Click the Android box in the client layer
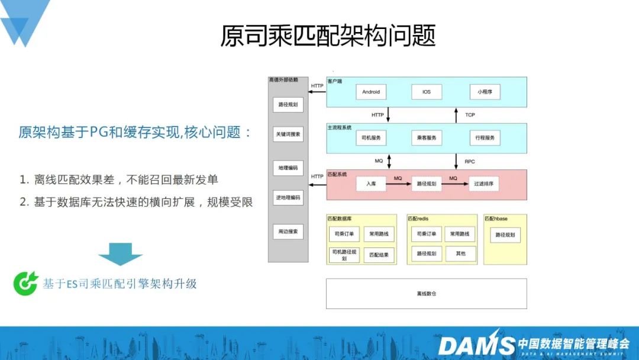[x=371, y=92]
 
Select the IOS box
[x=427, y=92]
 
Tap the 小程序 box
[x=485, y=92]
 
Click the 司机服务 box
[x=371, y=138]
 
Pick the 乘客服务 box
[x=427, y=138]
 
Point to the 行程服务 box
[x=485, y=138]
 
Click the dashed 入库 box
[x=371, y=184]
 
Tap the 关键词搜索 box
[x=288, y=134]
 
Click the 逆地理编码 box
[x=288, y=197]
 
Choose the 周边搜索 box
[x=288, y=231]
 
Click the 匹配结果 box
[x=379, y=255]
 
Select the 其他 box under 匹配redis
[x=460, y=253]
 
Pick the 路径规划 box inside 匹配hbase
[x=505, y=234]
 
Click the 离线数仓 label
[x=426, y=294]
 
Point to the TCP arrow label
[x=470, y=115]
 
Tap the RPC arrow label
[x=470, y=161]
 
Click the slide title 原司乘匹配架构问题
[x=328, y=36]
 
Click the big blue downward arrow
[x=120, y=254]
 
